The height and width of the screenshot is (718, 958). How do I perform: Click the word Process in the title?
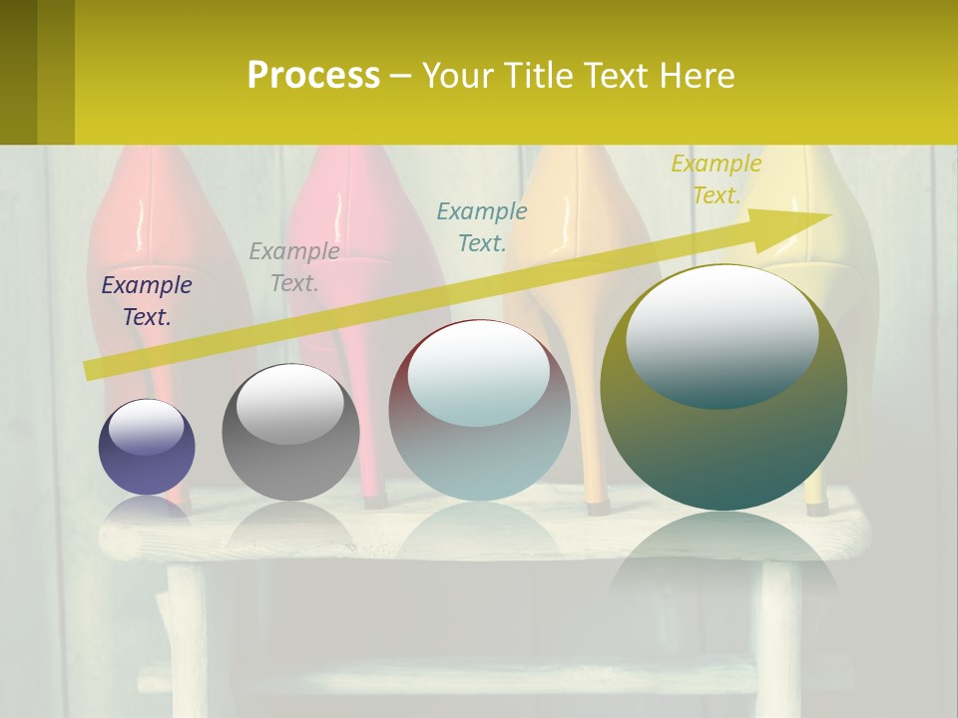pos(313,76)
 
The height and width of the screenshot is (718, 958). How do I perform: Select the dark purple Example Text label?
pos(147,301)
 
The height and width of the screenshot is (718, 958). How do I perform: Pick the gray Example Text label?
pos(294,267)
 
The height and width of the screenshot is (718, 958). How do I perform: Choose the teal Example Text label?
pos(482,226)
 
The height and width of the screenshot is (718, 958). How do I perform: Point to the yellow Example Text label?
pos(717,179)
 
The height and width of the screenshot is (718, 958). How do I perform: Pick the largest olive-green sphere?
pos(723,439)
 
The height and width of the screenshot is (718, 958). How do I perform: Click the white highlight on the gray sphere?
pos(289,401)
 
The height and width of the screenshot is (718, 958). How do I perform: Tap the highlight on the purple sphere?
pos(146,427)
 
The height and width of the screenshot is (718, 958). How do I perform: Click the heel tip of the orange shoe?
pos(597,506)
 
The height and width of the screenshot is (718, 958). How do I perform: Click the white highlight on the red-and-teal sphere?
pos(479,371)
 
